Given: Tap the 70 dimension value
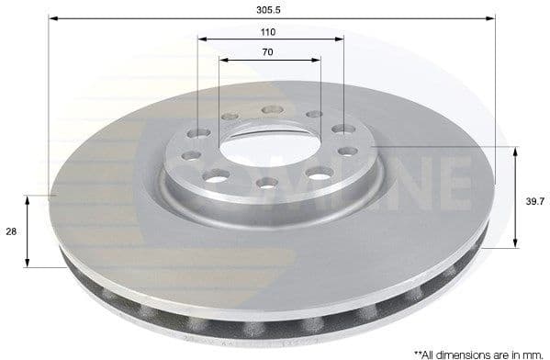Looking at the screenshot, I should click(x=267, y=51).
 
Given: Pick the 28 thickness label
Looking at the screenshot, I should click(x=12, y=232).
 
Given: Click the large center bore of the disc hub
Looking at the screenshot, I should click(x=270, y=146).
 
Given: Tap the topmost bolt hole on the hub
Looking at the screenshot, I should click(x=272, y=110).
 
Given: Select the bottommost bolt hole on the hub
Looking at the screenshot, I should click(x=267, y=183).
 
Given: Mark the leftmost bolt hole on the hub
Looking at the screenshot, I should click(x=191, y=155).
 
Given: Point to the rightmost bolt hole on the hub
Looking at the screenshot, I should click(x=348, y=151).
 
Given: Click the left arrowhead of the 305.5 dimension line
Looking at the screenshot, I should click(x=54, y=17).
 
